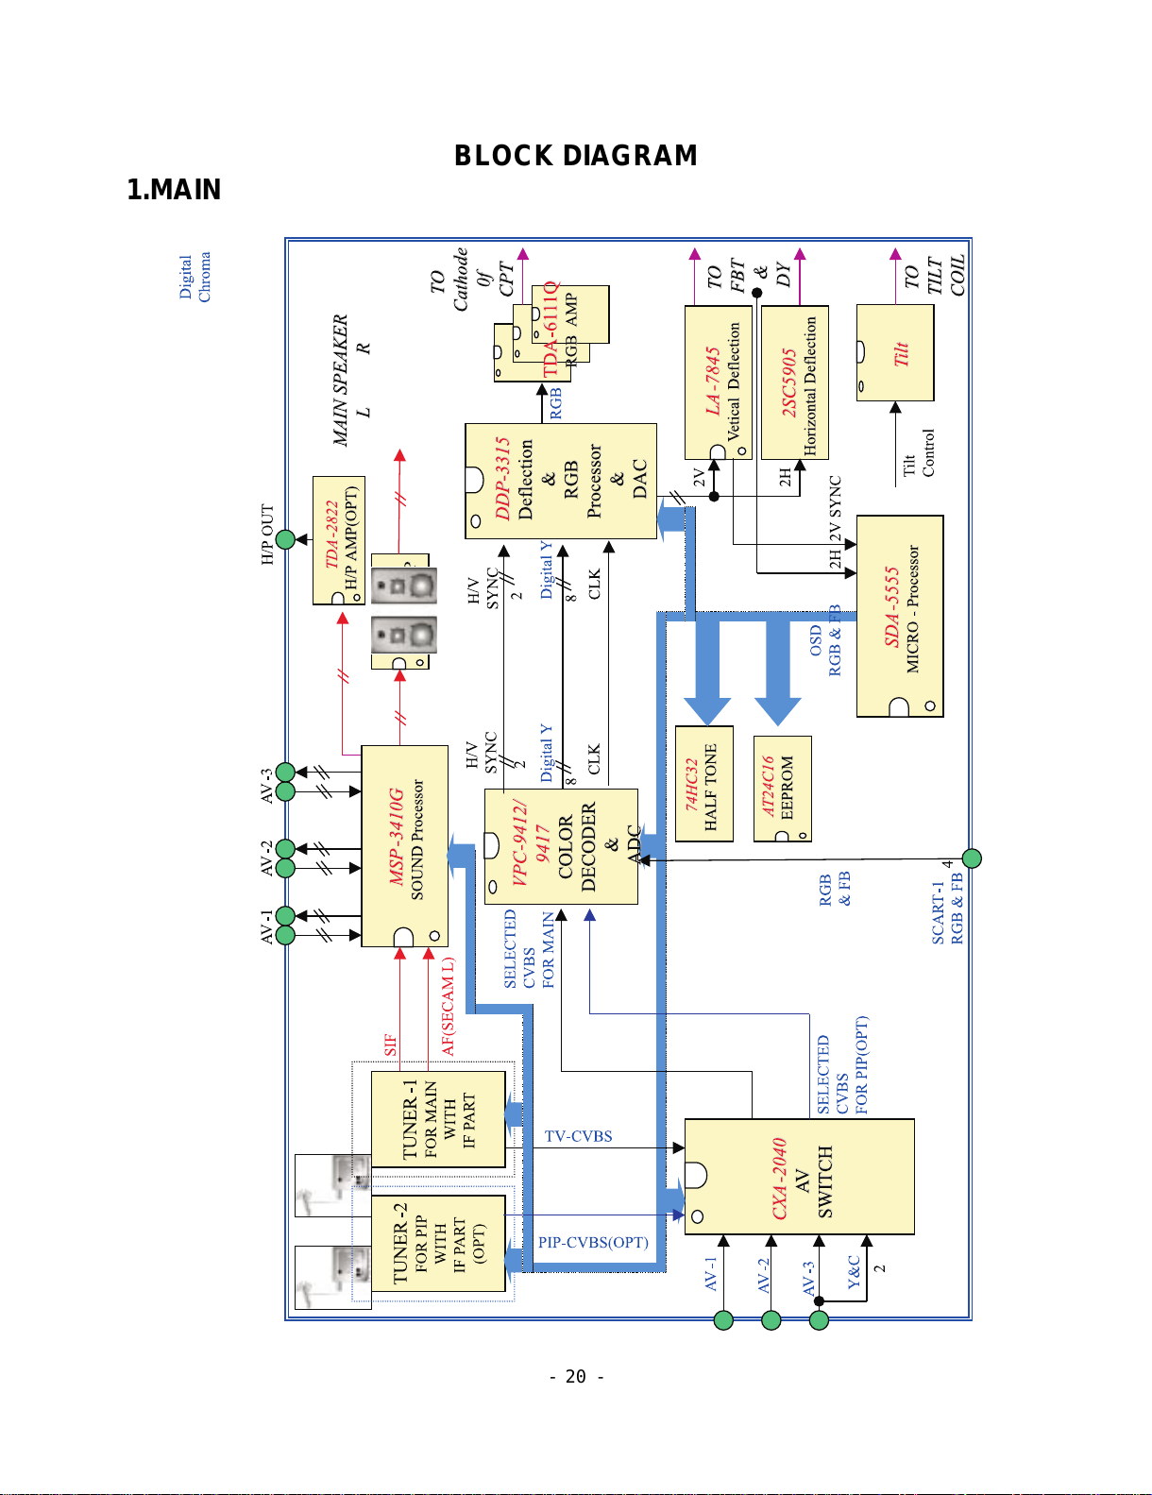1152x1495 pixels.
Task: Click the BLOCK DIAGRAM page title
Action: (575, 156)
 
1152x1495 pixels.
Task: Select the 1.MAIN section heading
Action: (174, 189)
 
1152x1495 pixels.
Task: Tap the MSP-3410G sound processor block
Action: (404, 845)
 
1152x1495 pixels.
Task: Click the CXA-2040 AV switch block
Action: (799, 1176)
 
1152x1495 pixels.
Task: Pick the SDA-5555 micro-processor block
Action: (900, 616)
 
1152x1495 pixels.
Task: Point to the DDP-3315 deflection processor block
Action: (561, 480)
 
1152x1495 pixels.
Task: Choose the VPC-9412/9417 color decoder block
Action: (561, 845)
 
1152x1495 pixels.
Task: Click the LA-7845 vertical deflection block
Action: (718, 382)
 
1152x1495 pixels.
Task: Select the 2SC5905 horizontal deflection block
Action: (794, 382)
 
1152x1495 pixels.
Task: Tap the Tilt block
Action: (895, 352)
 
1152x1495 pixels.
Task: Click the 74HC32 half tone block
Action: (703, 784)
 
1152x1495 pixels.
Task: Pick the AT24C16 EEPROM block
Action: (782, 789)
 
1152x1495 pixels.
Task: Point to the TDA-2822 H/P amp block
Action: (338, 540)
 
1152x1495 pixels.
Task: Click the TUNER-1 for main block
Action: (438, 1119)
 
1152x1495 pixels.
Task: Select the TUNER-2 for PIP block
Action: (438, 1243)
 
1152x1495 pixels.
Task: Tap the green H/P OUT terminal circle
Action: (285, 539)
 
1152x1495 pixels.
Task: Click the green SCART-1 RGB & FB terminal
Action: (971, 858)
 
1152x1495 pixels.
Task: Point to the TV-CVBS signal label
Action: (578, 1136)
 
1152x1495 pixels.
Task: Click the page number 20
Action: (575, 1376)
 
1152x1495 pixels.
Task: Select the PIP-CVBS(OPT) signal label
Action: (593, 1242)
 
